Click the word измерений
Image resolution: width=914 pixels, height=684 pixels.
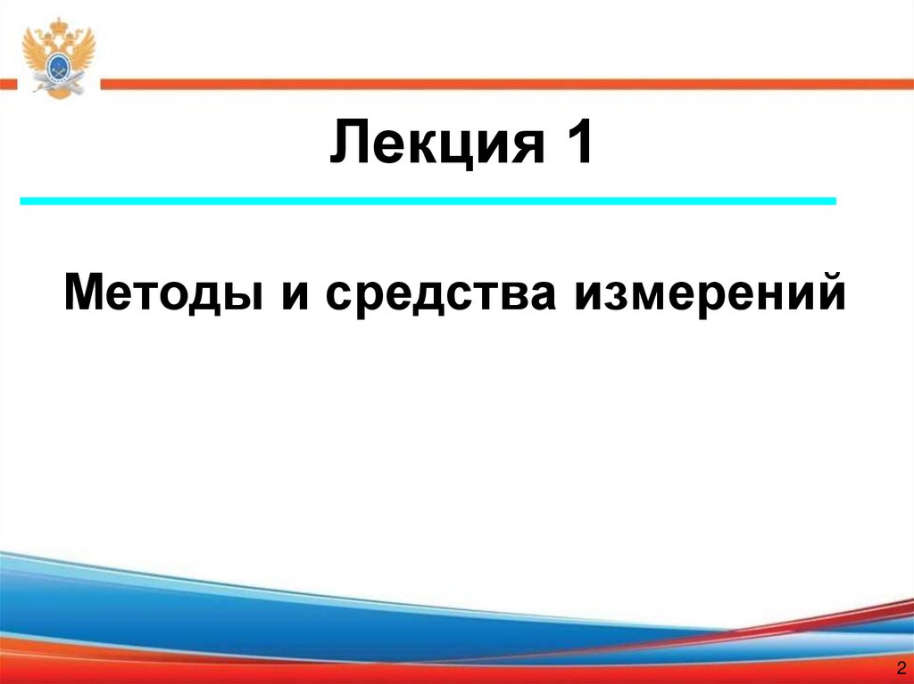pyautogui.click(x=710, y=293)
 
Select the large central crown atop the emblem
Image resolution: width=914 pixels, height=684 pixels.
pyautogui.click(x=58, y=24)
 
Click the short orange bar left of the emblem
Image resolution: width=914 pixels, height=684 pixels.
pyautogui.click(x=8, y=84)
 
